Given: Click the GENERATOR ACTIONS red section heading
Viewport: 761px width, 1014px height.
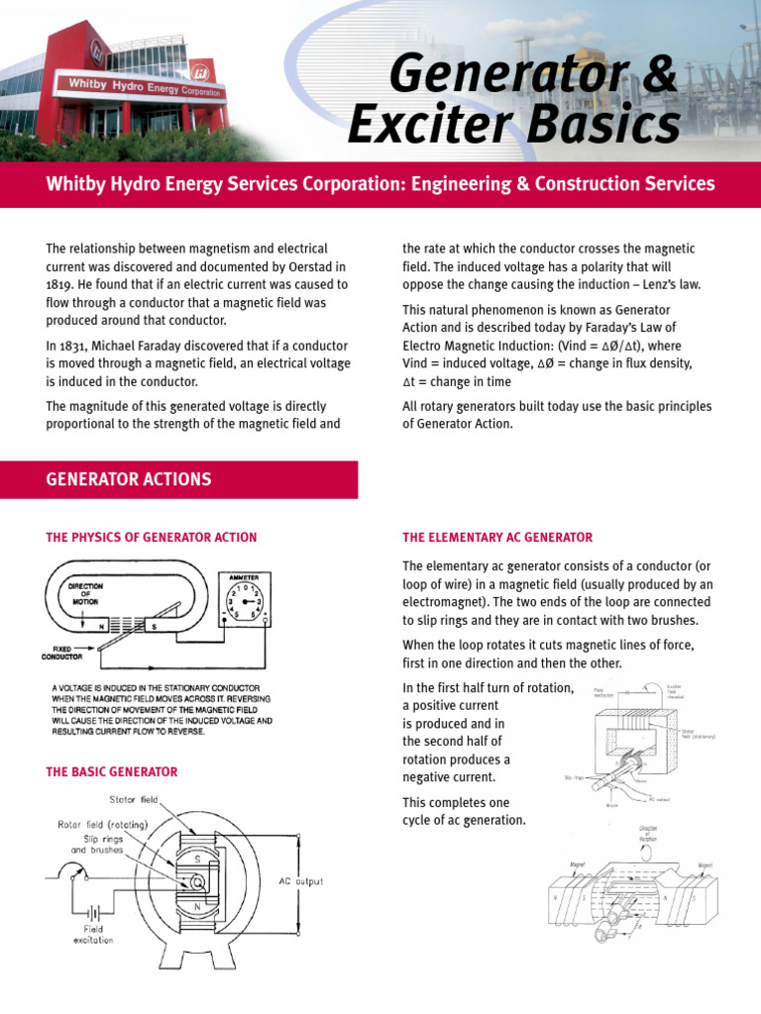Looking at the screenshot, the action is pos(129,479).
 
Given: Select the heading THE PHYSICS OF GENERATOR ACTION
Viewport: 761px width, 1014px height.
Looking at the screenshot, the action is pos(152,538).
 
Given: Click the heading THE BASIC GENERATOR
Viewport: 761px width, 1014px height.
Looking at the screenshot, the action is pos(112,771).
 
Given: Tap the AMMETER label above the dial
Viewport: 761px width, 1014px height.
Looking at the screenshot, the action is pos(248,576).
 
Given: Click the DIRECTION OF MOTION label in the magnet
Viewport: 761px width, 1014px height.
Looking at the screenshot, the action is pos(85,593).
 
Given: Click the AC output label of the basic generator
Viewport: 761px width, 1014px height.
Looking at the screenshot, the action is pos(301,880).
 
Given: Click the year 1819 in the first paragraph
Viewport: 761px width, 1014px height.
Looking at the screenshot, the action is pos(62,284).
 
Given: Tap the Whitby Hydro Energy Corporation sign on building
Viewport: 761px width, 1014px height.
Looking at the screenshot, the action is pos(145,87).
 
